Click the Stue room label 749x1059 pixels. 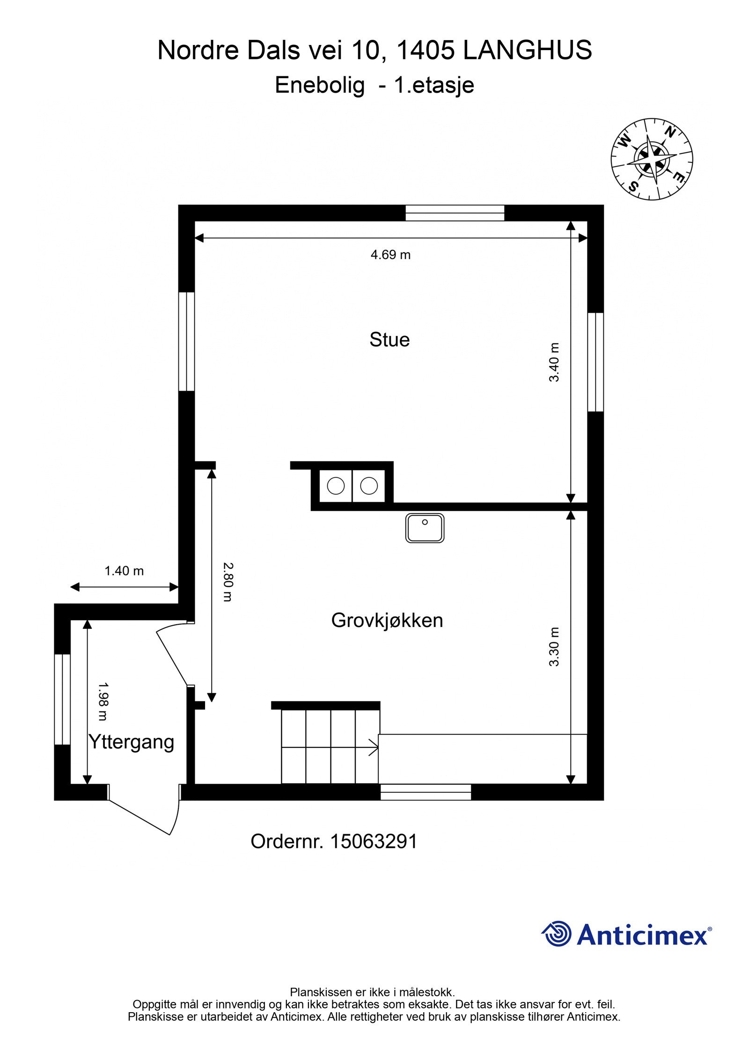pyautogui.click(x=389, y=340)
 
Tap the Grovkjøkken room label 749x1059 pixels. pyautogui.click(x=387, y=621)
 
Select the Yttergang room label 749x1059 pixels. pyautogui.click(x=131, y=742)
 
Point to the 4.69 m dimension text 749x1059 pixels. pyautogui.click(x=390, y=255)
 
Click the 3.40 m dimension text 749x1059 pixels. pyautogui.click(x=554, y=363)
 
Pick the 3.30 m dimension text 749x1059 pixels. pyautogui.click(x=554, y=647)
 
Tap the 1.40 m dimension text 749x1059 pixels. pyautogui.click(x=124, y=571)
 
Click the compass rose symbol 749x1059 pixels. pyautogui.click(x=651, y=159)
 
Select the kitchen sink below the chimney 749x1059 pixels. pyautogui.click(x=424, y=528)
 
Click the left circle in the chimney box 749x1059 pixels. pyautogui.click(x=336, y=486)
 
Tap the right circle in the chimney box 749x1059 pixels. pyautogui.click(x=369, y=486)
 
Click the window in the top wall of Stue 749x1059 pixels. pyautogui.click(x=455, y=213)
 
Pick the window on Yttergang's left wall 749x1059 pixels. pyautogui.click(x=62, y=699)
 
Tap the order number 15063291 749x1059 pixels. pyautogui.click(x=374, y=842)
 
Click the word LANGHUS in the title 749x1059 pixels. pyautogui.click(x=527, y=50)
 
